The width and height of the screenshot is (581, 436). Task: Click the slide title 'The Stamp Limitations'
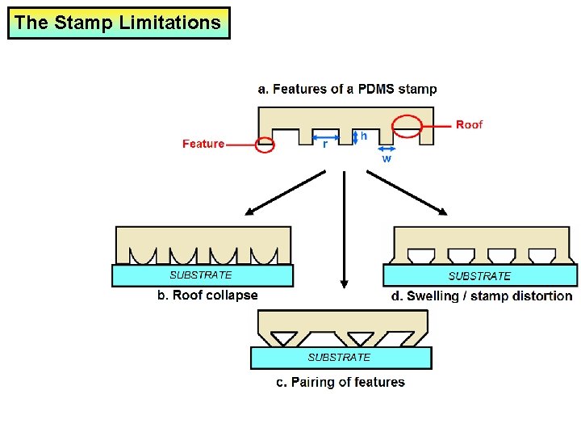pos(118,23)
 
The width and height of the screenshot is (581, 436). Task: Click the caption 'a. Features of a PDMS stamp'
pos(347,89)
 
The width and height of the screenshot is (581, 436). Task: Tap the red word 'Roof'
pos(469,124)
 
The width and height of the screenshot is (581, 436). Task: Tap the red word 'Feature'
pos(203,144)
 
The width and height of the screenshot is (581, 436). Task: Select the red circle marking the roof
pos(407,126)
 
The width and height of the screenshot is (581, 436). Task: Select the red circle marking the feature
pos(264,145)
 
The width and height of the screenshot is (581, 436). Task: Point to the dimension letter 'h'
pos(364,136)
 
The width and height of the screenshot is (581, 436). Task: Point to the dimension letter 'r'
pos(325,145)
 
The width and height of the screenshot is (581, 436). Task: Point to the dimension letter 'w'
pos(387,159)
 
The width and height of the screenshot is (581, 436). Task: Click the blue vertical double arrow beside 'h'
pos(355,136)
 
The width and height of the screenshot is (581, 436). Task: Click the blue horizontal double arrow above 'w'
pos(387,149)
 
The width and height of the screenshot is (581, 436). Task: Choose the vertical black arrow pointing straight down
pos(345,230)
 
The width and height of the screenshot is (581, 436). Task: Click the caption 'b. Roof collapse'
pos(207,296)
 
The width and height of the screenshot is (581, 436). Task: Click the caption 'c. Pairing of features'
pos(341,382)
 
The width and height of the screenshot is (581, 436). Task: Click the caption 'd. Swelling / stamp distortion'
pos(481,296)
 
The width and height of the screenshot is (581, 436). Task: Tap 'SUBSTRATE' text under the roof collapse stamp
pos(200,275)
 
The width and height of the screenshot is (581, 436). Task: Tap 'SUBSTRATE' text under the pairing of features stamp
pos(339,357)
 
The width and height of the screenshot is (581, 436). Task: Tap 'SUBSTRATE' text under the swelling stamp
pos(479,276)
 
